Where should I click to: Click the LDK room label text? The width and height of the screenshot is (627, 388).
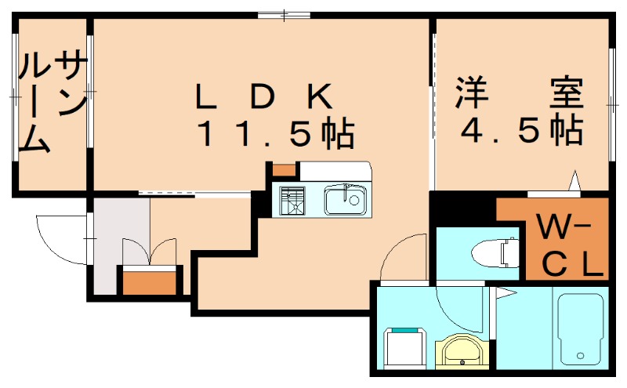pyautogui.click(x=264, y=96)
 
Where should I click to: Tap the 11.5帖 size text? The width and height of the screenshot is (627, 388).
pyautogui.click(x=276, y=132)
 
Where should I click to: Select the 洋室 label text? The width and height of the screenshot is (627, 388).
pyautogui.click(x=520, y=92)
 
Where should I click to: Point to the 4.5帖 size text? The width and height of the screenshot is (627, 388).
pyautogui.click(x=521, y=130)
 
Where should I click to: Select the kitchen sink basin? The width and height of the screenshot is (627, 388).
pyautogui.click(x=345, y=200)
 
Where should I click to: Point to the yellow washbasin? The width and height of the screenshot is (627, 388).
pyautogui.click(x=462, y=350)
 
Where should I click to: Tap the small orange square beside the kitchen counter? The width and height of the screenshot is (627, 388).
pyautogui.click(x=284, y=169)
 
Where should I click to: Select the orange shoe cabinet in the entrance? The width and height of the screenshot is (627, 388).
pyautogui.click(x=149, y=283)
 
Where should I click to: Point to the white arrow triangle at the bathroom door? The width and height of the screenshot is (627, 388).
pyautogui.click(x=506, y=293)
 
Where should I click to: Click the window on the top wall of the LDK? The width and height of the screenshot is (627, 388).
pyautogui.click(x=284, y=15)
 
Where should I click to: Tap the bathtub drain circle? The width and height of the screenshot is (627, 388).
pyautogui.click(x=580, y=355)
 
